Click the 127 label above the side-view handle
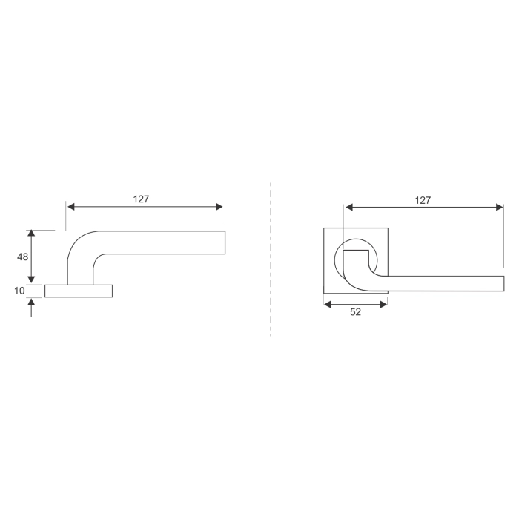pyautogui.click(x=142, y=199)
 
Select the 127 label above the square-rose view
pyautogui.click(x=422, y=200)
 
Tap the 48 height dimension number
pyautogui.click(x=22, y=257)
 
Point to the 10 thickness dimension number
pyautogui.click(x=20, y=291)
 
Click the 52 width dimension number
pyautogui.click(x=355, y=312)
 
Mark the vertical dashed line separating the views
pyautogui.click(x=271, y=259)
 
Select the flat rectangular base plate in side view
pyautogui.click(x=79, y=291)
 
